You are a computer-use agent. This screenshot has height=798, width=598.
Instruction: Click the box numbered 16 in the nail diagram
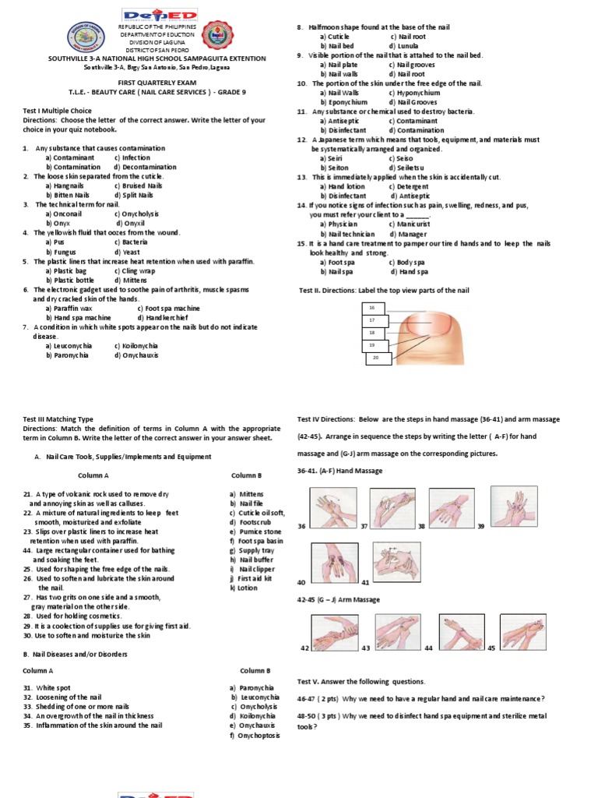372,309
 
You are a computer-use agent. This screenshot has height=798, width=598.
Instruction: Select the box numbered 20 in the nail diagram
377,357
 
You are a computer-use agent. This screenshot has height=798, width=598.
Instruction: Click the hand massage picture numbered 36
333,507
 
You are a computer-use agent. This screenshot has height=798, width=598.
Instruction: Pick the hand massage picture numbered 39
514,505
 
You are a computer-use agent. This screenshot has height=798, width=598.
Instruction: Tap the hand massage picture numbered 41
396,561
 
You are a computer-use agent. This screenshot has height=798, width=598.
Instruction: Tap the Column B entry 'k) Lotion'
245,588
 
